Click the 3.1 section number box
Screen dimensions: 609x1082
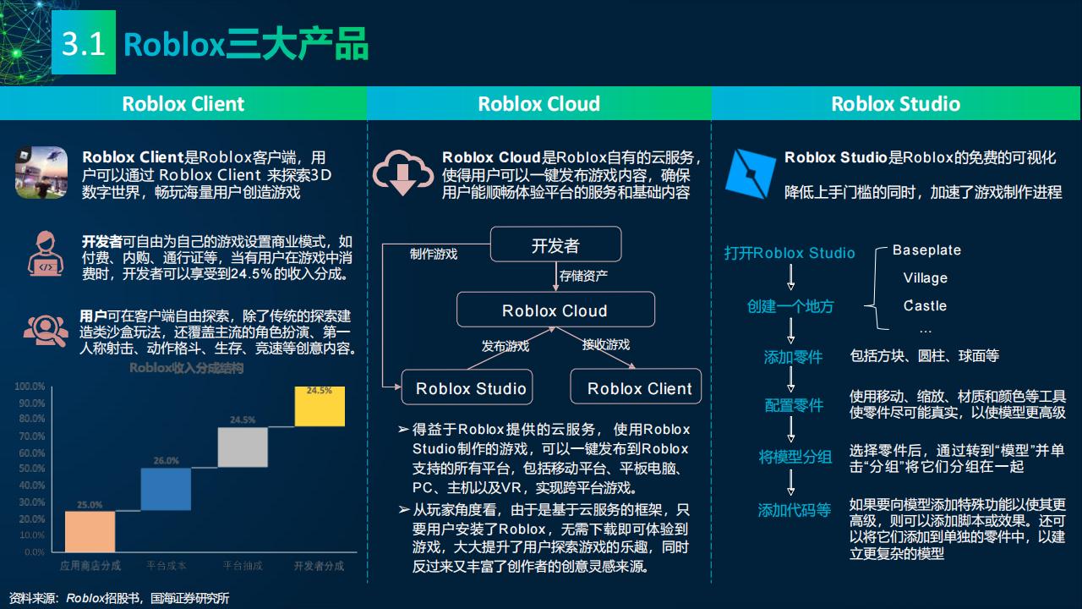tap(84, 43)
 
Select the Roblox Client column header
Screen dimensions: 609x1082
tap(183, 103)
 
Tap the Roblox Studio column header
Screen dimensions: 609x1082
tap(895, 103)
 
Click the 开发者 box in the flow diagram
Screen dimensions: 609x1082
tap(555, 245)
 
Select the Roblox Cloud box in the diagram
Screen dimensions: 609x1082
tap(555, 310)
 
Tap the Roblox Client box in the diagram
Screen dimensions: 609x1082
tap(639, 388)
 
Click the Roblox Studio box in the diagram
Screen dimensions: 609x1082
tap(471, 388)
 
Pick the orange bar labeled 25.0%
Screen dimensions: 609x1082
tap(90, 531)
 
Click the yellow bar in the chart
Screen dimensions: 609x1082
tap(320, 407)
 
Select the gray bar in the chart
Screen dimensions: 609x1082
tap(243, 447)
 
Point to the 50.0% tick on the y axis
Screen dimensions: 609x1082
tap(30, 469)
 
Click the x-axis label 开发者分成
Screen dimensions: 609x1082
tap(319, 565)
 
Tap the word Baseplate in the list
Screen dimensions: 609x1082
tap(926, 250)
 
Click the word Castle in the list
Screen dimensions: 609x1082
tap(925, 305)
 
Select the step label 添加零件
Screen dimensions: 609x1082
tap(793, 357)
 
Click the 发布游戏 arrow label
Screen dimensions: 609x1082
tap(505, 346)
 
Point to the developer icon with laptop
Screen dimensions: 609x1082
tap(46, 252)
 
